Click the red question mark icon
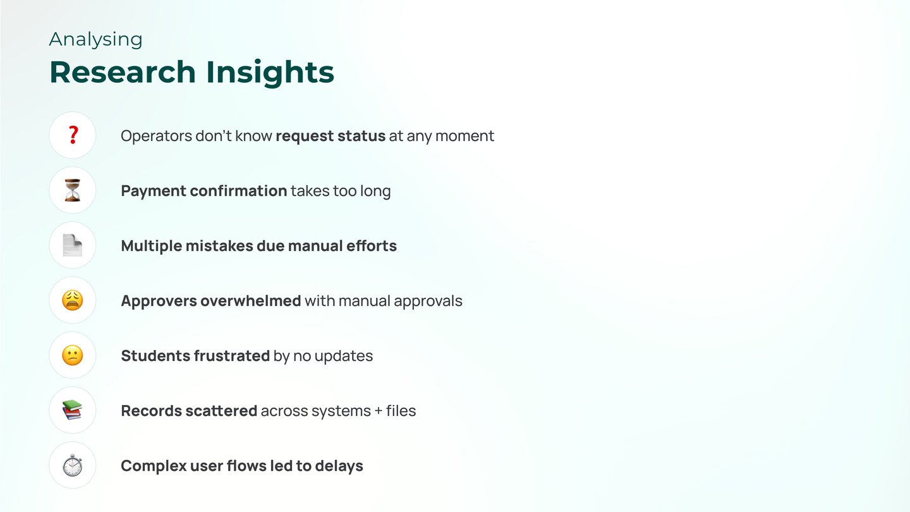pos(73,135)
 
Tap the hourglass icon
pos(73,190)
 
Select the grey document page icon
pos(73,245)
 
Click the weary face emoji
pos(73,300)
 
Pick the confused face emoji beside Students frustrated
pos(73,355)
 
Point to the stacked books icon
pos(72,410)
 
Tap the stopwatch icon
pos(73,465)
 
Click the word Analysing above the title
pos(96,40)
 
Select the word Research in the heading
pos(123,72)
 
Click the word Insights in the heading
pos(270,73)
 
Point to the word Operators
pos(157,136)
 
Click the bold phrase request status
pos(331,136)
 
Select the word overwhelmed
pos(251,301)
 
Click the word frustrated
pos(232,355)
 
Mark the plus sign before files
pos(379,411)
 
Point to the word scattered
pos(221,410)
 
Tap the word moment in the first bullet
pos(464,136)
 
